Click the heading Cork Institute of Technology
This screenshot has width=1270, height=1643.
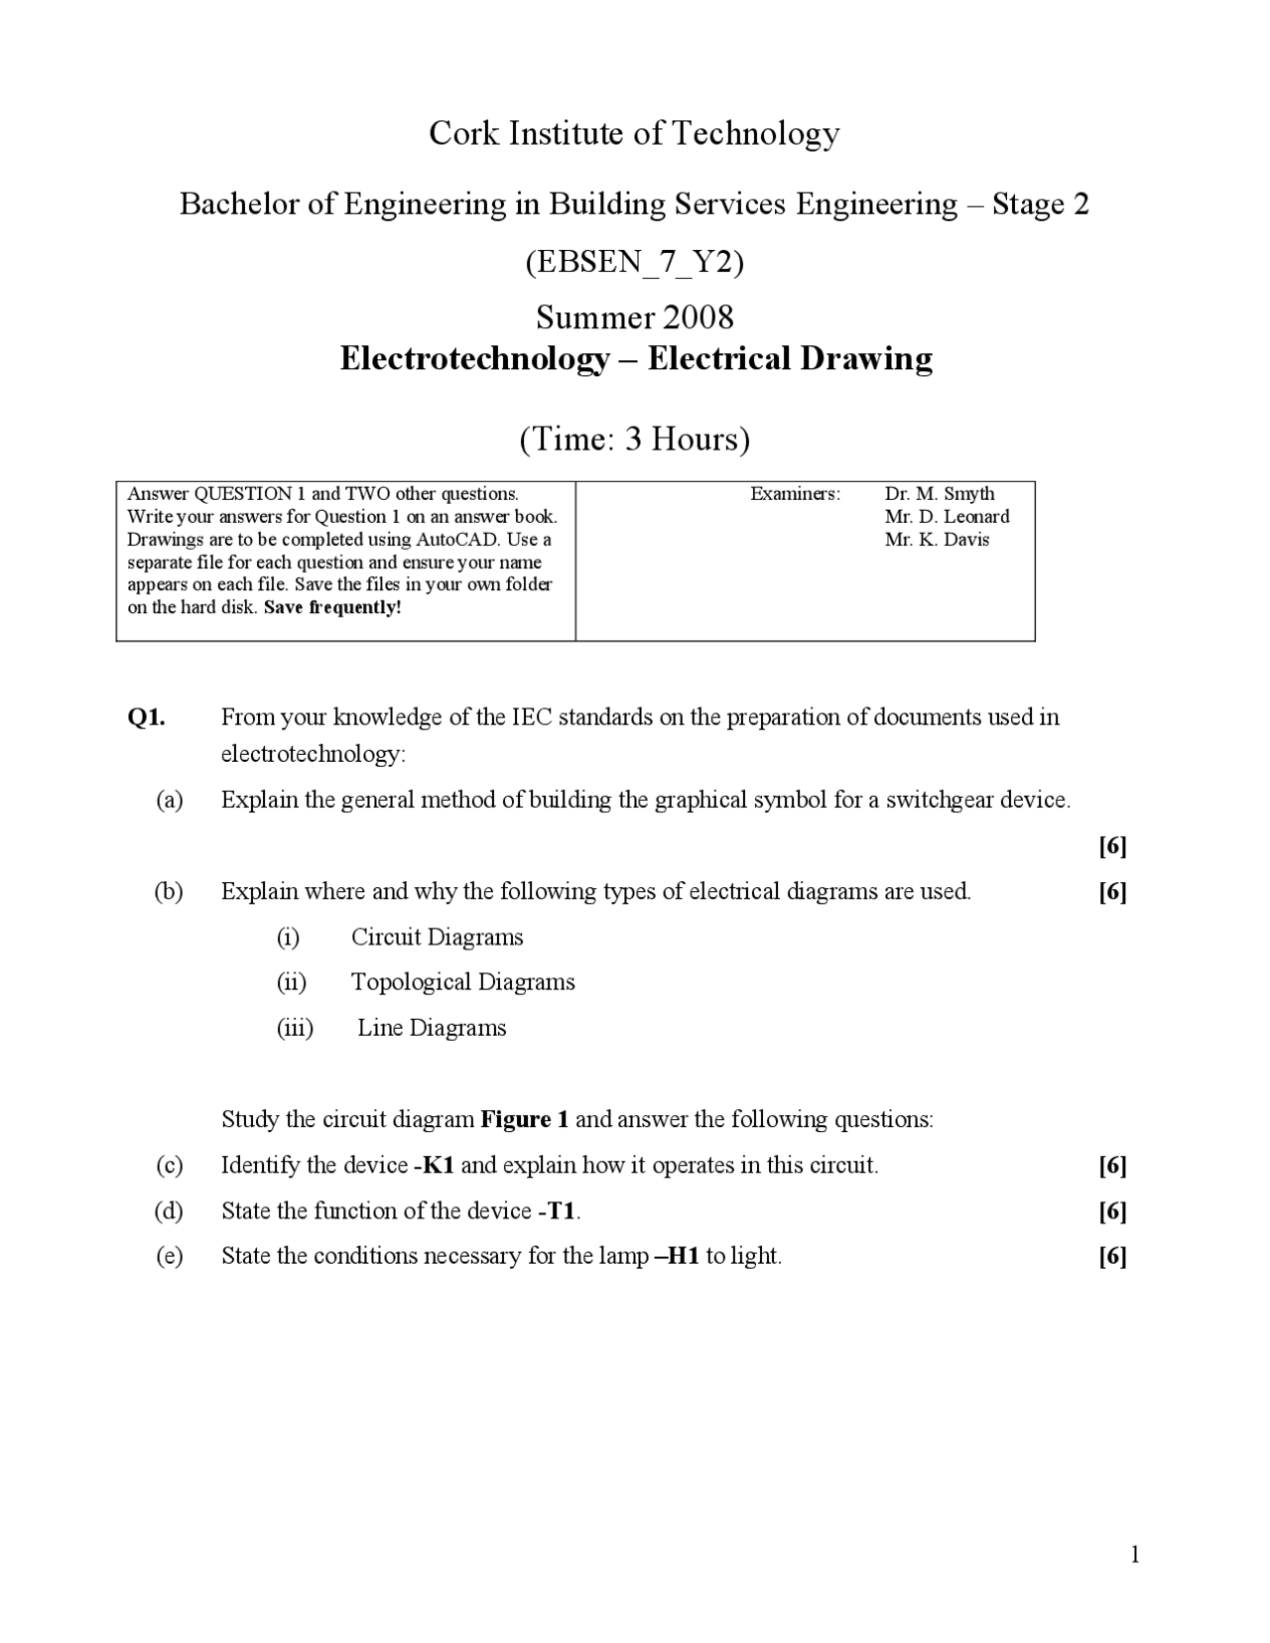coord(634,133)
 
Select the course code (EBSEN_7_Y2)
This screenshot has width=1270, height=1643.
coord(634,262)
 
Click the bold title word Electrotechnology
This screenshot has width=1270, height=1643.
coord(474,358)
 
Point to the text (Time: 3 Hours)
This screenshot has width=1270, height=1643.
coord(634,439)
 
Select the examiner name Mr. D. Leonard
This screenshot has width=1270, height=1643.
coord(947,517)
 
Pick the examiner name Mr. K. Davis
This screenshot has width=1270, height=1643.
coord(937,540)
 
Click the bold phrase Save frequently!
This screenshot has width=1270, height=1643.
coord(332,608)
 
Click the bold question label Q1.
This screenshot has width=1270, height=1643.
coord(147,717)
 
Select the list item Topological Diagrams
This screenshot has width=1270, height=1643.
coord(462,982)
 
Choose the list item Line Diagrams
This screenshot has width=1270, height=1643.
coord(432,1028)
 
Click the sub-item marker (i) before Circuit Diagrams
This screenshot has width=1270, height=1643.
coord(288,937)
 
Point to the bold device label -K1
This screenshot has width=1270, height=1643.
coord(435,1165)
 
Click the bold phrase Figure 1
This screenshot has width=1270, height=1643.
coord(524,1120)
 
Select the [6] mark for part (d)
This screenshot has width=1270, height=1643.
coord(1112,1210)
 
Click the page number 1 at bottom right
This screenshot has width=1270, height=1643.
coord(1135,1555)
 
